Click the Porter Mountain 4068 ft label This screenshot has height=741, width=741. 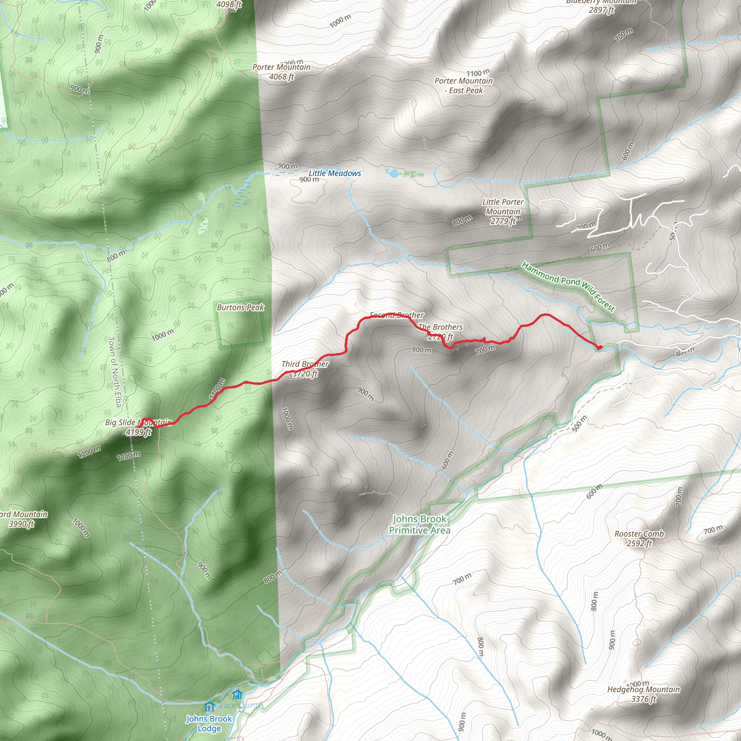(x=281, y=72)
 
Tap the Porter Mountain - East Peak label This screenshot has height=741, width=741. (x=463, y=85)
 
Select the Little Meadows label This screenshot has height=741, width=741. (x=334, y=173)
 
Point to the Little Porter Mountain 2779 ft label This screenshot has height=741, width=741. (x=503, y=211)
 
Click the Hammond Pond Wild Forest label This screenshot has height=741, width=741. (x=568, y=286)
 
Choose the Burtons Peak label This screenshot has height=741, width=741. (x=240, y=307)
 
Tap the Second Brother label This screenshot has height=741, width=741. (x=397, y=315)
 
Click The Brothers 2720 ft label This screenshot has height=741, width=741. (x=440, y=332)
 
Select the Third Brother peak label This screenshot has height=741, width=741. (x=305, y=368)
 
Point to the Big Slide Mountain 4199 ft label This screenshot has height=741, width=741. (x=139, y=427)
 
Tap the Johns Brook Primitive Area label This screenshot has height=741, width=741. (x=420, y=524)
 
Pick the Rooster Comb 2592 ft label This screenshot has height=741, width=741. (x=639, y=538)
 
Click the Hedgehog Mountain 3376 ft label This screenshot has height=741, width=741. (x=643, y=694)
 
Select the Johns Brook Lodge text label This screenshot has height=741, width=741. (x=209, y=723)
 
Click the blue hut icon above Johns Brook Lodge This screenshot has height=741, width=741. (x=209, y=706)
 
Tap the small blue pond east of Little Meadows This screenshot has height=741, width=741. (x=392, y=173)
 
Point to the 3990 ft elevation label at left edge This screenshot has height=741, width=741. (x=22, y=524)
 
